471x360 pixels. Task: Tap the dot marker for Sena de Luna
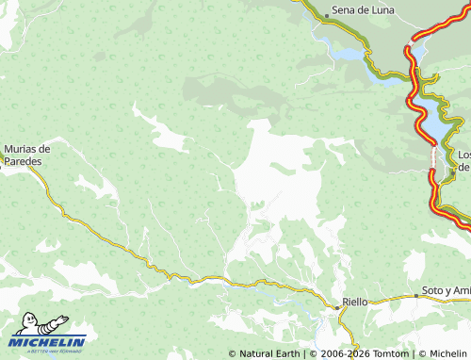tap(327, 16)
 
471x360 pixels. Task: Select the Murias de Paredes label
tap(27, 154)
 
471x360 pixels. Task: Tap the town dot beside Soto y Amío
tap(416, 296)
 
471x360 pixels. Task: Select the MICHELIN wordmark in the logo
tap(48, 342)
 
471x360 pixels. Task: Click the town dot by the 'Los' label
tap(452, 174)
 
